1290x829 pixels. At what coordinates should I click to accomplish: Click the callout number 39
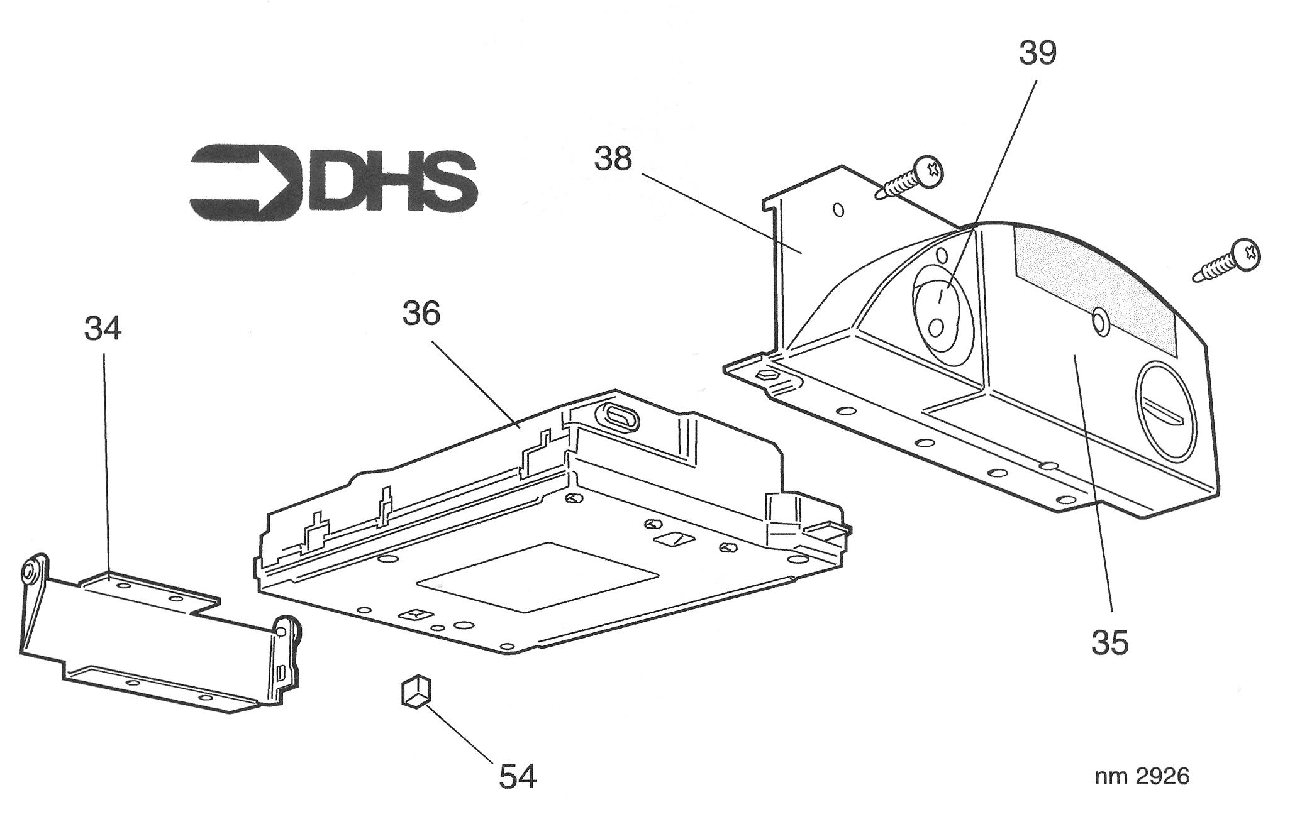pos(1038,53)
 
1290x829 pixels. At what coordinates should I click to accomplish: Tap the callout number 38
pos(613,159)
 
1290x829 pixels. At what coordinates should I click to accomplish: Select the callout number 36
pos(421,313)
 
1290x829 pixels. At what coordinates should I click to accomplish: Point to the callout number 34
pos(103,328)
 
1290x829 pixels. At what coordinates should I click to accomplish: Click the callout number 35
pos(1110,643)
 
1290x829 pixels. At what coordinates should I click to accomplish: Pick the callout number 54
pos(518,776)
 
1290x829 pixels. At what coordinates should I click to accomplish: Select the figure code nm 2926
pos(1142,777)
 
